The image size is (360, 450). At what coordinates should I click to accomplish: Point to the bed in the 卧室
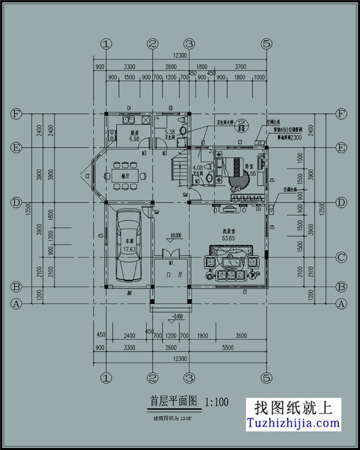pyautogui.click(x=235, y=165)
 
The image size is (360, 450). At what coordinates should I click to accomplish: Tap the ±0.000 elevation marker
pyautogui.click(x=176, y=236)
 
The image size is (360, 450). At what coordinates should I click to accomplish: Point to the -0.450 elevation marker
pyautogui.click(x=178, y=316)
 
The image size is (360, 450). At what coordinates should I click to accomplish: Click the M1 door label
pyautogui.click(x=171, y=262)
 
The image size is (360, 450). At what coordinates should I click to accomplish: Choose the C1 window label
pyautogui.click(x=244, y=292)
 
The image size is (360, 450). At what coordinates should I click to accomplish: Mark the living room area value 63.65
pyautogui.click(x=228, y=238)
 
